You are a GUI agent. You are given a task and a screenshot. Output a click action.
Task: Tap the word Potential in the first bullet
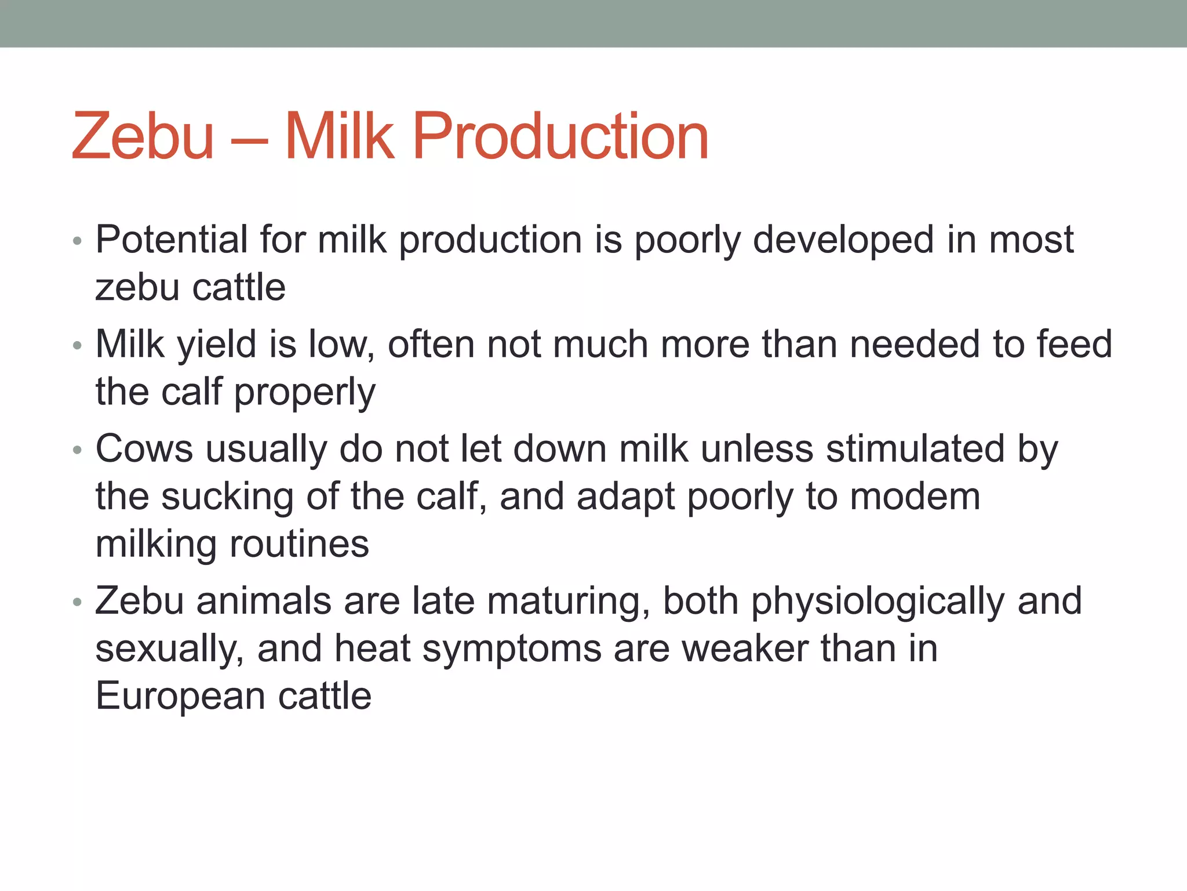[172, 239]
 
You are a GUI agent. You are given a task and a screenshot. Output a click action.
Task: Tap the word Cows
[144, 449]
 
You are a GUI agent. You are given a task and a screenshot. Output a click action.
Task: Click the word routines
[299, 544]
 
